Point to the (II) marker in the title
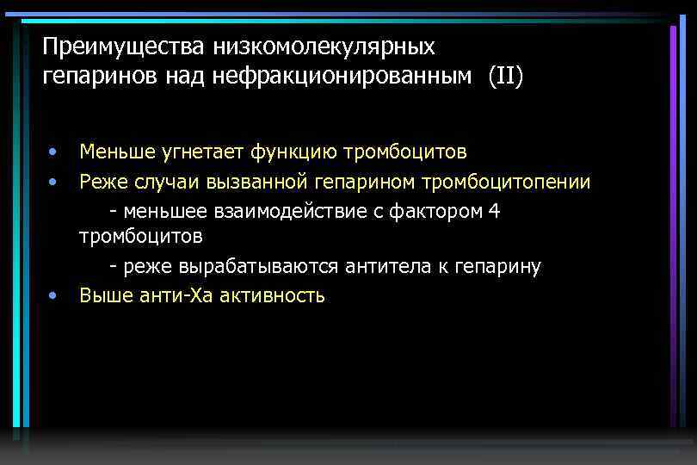505,77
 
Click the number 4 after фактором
492,211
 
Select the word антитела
386,267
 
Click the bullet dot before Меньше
53,152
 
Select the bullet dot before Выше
53,296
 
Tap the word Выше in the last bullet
101,296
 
